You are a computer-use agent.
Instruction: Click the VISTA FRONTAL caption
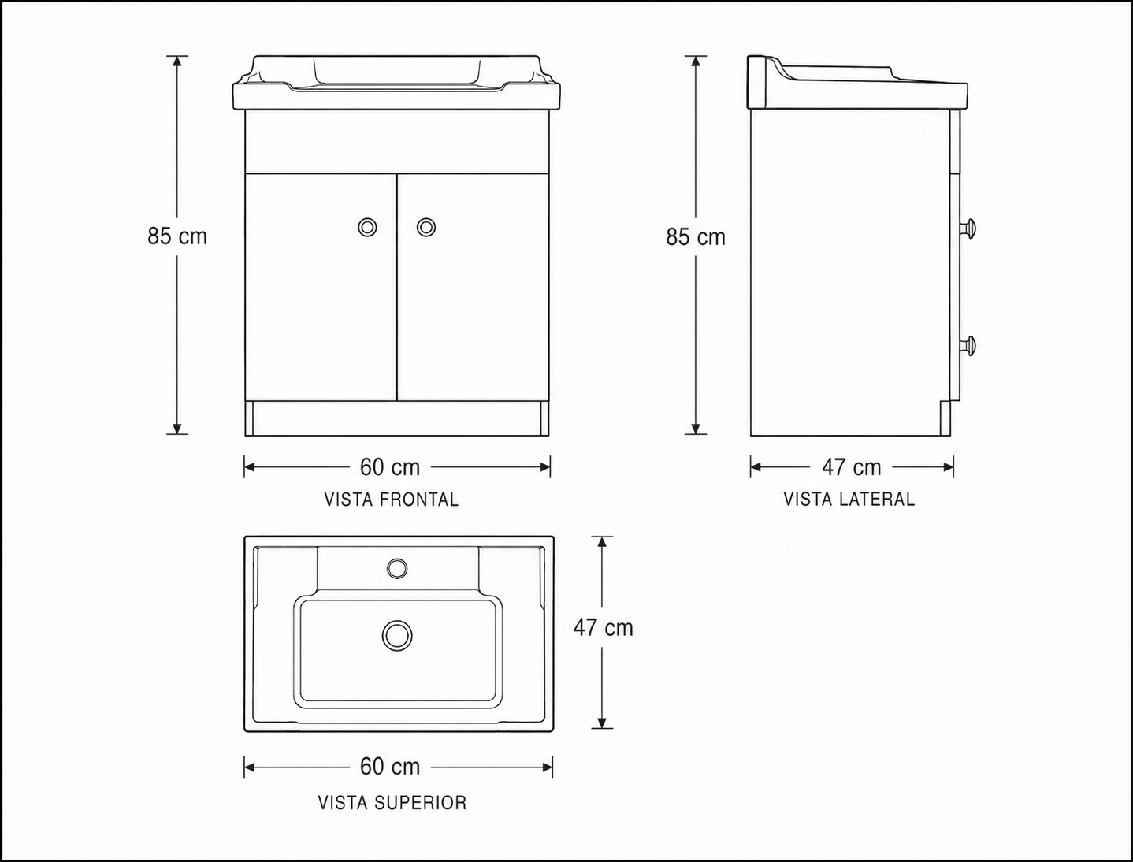coord(392,500)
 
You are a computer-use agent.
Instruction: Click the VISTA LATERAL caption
coord(849,499)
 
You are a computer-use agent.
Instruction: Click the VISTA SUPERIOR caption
coord(392,803)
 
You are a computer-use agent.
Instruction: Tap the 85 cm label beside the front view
coord(177,236)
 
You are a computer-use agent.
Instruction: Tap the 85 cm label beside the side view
coord(695,237)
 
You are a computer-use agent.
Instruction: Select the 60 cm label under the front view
coord(390,467)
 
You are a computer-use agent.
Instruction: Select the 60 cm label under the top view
coord(390,767)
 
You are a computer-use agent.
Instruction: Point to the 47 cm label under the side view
coord(851,467)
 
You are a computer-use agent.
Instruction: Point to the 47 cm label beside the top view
coord(603,628)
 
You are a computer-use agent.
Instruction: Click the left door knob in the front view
coord(367,227)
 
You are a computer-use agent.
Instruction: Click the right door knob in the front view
coord(426,227)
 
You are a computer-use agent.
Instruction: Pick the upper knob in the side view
coord(969,229)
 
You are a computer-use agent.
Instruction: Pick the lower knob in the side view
coord(969,345)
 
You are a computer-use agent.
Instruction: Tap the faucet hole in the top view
coord(397,568)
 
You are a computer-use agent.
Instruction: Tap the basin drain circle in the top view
coord(397,635)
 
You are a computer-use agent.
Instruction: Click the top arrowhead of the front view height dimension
coord(177,61)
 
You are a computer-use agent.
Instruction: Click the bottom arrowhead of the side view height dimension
coord(695,429)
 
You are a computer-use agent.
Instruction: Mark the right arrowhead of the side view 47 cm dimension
coord(948,467)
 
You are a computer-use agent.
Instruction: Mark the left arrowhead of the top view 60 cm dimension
coord(250,767)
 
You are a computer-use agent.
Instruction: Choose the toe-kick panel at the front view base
coord(397,418)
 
